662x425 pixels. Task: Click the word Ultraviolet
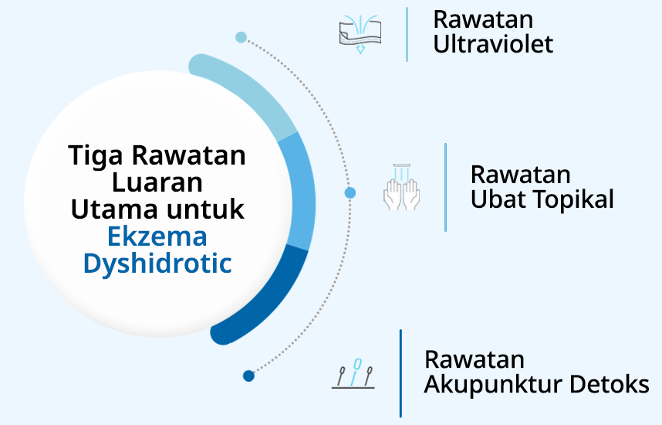tap(493, 44)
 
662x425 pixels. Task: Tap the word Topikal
tap(576, 199)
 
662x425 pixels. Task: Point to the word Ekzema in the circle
tap(157, 236)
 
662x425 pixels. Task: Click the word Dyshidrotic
tap(157, 263)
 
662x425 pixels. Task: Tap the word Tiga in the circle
tap(96, 155)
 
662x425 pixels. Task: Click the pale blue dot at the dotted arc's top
tap(241, 37)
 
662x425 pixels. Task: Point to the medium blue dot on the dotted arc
tap(350, 192)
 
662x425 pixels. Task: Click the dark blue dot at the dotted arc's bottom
tap(248, 376)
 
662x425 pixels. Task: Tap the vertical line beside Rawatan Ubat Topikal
tap(445, 187)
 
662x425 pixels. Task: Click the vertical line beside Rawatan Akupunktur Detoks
tap(400, 373)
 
